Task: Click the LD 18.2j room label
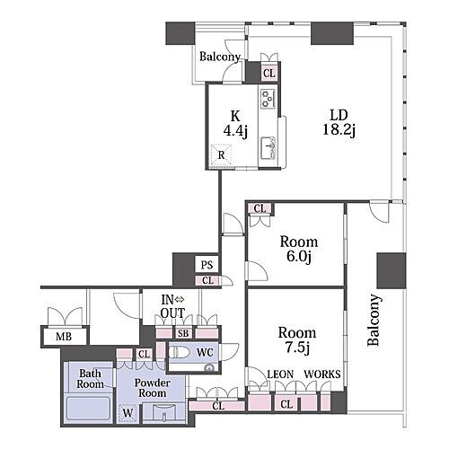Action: coord(339,123)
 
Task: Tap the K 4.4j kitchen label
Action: coord(235,124)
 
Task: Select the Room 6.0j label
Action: coord(299,250)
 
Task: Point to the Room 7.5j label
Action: coord(297,340)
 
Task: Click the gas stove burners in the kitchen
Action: coord(268,99)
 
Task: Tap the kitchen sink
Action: coord(269,147)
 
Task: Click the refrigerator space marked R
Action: coord(221,155)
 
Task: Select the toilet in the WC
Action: coord(179,352)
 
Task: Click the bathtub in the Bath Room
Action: coord(89,408)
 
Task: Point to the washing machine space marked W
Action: coord(128,413)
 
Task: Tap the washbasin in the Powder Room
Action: coord(163,412)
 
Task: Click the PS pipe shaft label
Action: coord(207,265)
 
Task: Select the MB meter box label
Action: coord(64,337)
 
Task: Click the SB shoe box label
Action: coord(183,333)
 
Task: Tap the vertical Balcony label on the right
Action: coord(374,321)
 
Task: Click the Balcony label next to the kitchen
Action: coord(220,57)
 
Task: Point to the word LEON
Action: coord(280,374)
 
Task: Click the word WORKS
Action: coord(322,374)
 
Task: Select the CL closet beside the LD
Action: coord(269,73)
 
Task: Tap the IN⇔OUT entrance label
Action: coord(172,306)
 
